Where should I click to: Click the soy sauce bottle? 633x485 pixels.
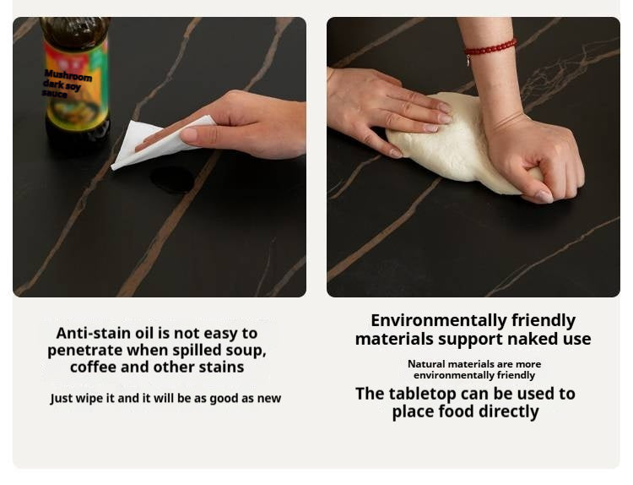coord(76,83)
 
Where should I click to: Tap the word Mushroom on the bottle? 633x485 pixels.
coord(68,75)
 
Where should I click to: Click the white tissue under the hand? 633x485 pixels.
coord(161,142)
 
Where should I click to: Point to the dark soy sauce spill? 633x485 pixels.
coord(172,180)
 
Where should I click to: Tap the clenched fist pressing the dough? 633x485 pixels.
coord(537,161)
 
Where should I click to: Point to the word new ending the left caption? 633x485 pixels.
coord(269,399)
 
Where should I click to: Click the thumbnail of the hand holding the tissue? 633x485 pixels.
coord(160,157)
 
